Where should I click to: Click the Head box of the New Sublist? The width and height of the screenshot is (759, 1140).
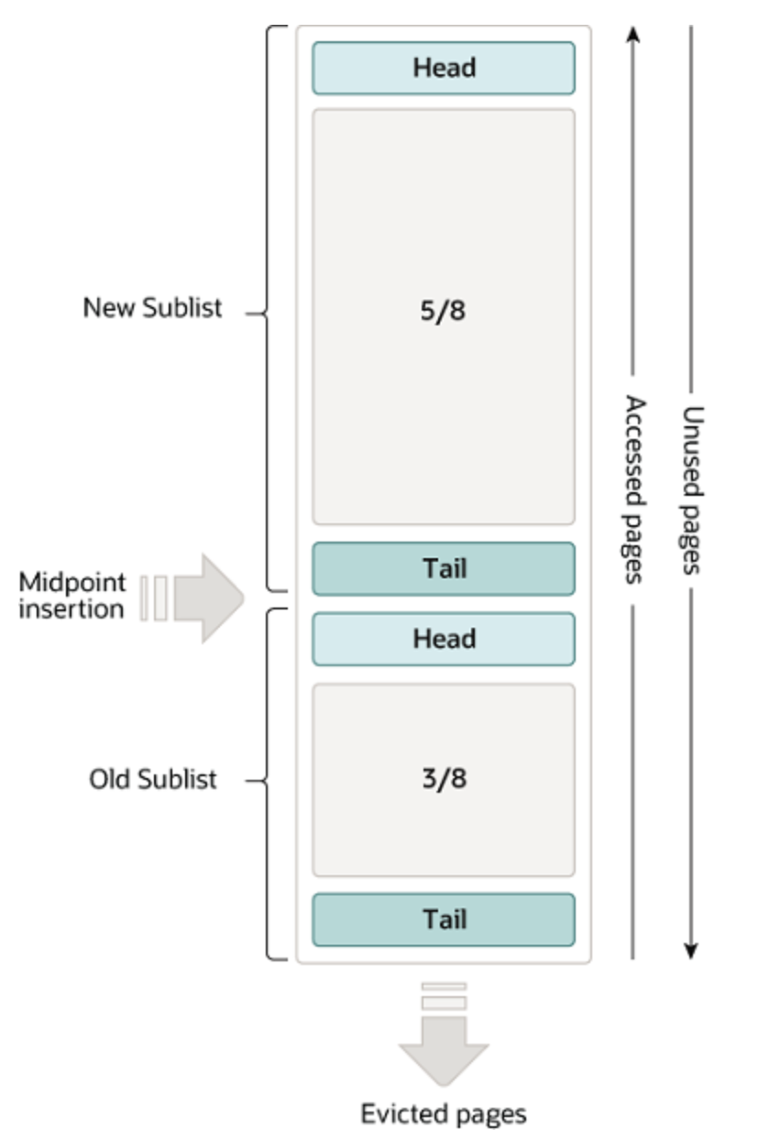point(444,68)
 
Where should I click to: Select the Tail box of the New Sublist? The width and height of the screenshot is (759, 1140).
point(444,568)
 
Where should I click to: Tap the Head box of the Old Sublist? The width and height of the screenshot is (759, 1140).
point(444,639)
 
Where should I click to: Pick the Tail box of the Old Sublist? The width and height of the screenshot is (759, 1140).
point(444,919)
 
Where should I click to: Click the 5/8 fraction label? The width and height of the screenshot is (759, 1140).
point(444,312)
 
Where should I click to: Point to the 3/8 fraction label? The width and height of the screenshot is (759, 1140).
point(444,779)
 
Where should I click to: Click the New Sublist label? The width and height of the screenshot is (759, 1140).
point(152,307)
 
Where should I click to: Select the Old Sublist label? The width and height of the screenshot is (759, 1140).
point(153,780)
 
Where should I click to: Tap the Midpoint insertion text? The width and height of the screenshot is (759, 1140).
point(71,596)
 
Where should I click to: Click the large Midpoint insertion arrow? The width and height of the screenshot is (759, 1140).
point(206,597)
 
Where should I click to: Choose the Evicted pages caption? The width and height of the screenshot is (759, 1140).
point(444,1114)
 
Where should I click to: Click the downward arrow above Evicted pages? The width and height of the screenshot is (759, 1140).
point(444,1045)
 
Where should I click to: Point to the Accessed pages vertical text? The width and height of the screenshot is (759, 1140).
point(633,489)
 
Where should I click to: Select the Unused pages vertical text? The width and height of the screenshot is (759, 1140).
point(692,489)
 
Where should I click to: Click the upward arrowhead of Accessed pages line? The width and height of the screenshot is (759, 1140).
point(633,35)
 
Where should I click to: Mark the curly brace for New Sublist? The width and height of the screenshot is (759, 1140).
point(270,310)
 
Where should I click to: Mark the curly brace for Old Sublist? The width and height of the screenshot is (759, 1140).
point(270,782)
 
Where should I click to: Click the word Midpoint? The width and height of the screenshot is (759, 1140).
point(71,582)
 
